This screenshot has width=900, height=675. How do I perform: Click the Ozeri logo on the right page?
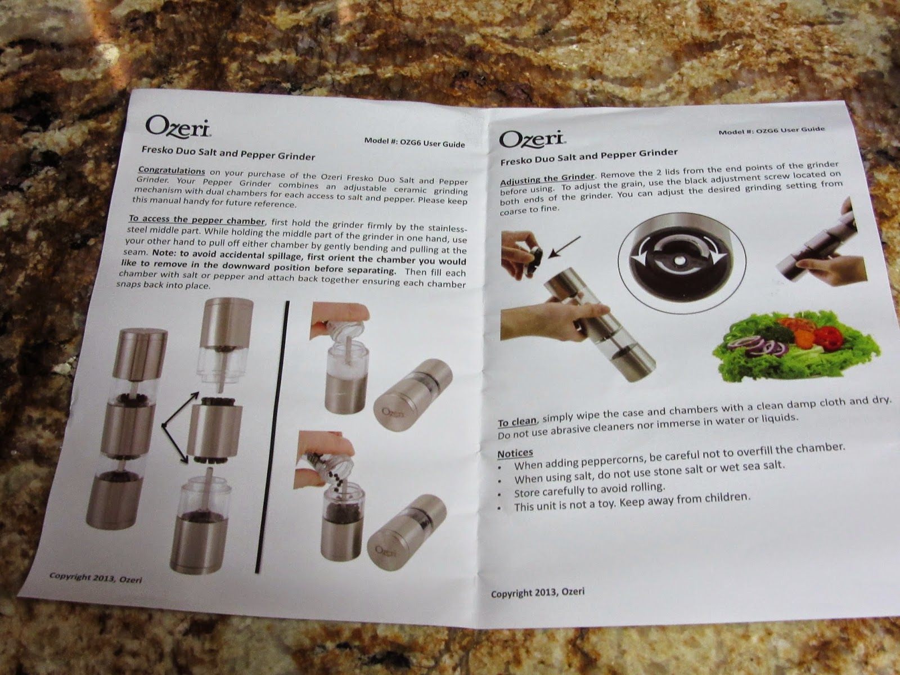[533, 139]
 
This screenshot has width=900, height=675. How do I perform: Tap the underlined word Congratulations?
[172, 170]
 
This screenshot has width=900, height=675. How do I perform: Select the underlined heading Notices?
[515, 453]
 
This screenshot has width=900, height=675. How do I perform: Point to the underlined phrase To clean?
[516, 422]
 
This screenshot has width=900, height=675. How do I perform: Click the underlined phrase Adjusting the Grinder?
[547, 179]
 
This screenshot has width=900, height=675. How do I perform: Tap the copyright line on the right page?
[538, 593]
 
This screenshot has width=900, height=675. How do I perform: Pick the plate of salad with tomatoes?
[796, 345]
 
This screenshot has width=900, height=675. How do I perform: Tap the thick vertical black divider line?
[273, 437]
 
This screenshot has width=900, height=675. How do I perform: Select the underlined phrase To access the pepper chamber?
[197, 220]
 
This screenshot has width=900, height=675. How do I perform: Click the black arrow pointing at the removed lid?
[564, 247]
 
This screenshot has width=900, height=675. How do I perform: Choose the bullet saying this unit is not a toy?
[624, 503]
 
